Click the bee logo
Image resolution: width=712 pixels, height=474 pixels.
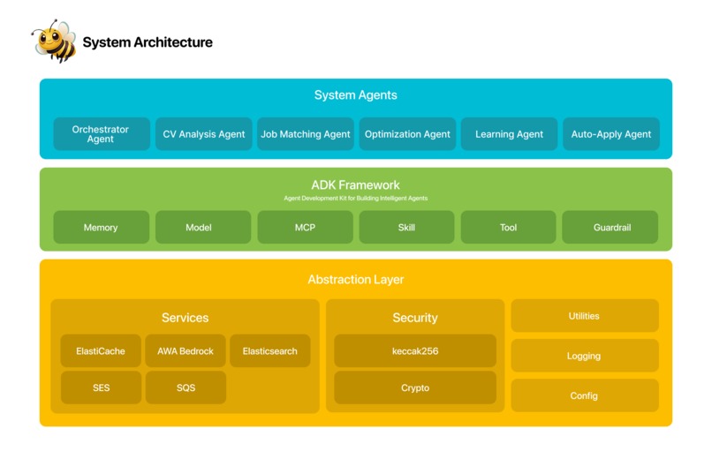click(x=54, y=41)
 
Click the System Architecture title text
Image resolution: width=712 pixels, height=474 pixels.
click(x=148, y=41)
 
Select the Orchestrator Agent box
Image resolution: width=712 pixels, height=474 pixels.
click(x=101, y=134)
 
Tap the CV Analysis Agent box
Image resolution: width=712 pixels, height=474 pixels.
click(x=204, y=134)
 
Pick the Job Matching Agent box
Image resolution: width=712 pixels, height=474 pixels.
click(x=306, y=134)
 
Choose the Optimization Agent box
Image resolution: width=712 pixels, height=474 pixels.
click(x=407, y=134)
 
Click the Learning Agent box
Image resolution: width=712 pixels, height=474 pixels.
click(x=509, y=134)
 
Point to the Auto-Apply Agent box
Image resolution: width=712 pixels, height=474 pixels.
click(x=611, y=134)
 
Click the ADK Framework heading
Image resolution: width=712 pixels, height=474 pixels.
click(x=355, y=185)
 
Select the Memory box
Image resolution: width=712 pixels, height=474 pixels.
click(x=101, y=227)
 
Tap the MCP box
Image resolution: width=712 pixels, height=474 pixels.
click(x=305, y=227)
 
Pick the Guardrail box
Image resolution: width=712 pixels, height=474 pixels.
click(x=611, y=227)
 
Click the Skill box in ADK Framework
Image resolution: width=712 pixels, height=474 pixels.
click(x=406, y=227)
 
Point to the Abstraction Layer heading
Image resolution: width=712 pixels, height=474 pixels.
click(x=355, y=280)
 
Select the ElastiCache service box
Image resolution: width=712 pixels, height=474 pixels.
click(x=101, y=350)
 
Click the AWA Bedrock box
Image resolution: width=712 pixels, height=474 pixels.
click(x=186, y=350)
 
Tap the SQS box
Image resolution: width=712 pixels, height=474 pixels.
click(x=186, y=387)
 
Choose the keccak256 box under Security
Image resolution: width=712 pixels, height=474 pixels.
click(x=415, y=350)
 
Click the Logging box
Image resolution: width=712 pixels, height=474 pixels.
click(x=584, y=356)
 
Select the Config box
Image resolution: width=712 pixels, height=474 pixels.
click(x=584, y=395)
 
